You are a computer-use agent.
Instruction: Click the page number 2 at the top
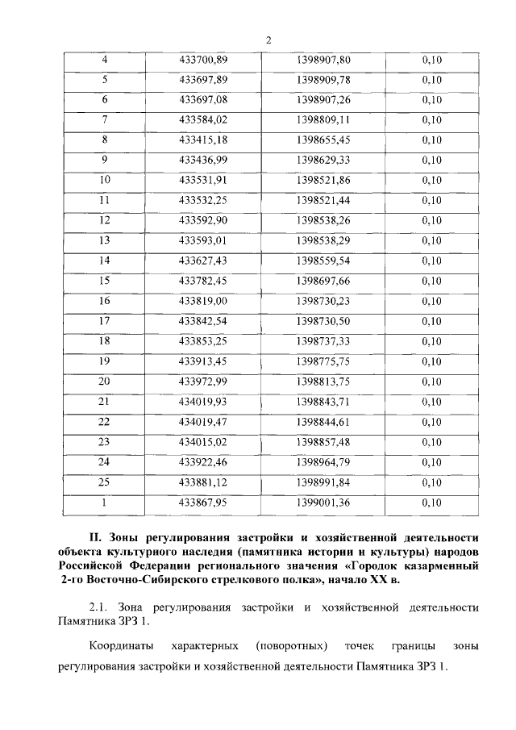(x=268, y=40)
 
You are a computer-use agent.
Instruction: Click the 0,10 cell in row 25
(x=432, y=482)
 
